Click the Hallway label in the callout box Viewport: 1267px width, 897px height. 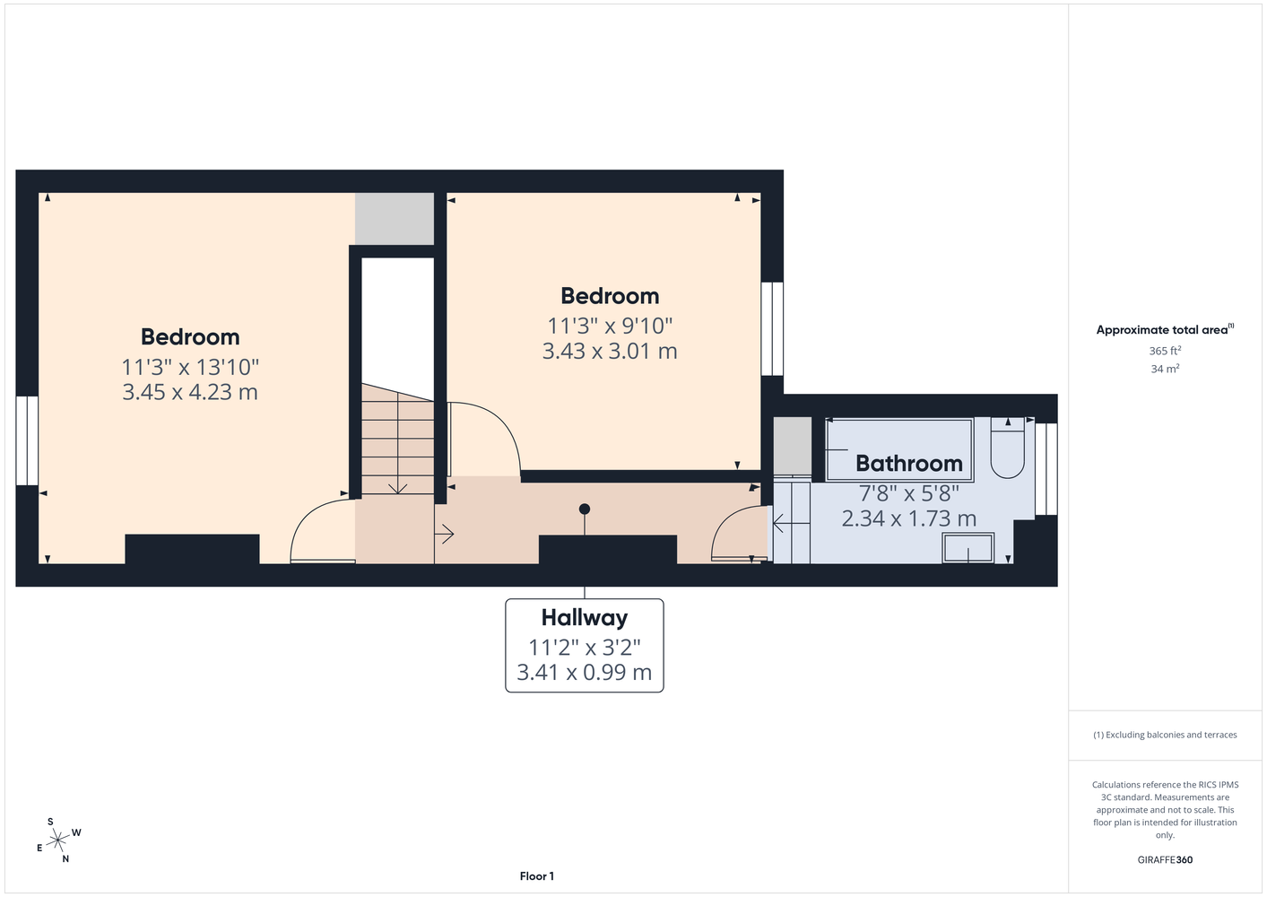coord(585,618)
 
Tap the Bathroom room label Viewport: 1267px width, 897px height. coord(909,464)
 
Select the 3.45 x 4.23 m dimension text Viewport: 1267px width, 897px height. coord(190,392)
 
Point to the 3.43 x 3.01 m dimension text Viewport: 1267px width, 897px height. coord(610,351)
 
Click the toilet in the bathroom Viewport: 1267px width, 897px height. coord(1007,448)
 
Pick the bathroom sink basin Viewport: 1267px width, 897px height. coord(968,548)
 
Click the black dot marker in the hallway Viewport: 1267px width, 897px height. coord(585,509)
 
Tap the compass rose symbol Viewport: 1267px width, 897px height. coord(58,840)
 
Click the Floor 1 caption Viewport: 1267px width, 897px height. coord(537,876)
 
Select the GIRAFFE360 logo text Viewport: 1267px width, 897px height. coord(1165,859)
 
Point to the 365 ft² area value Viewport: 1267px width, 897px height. coord(1165,351)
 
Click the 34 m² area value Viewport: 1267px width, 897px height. coord(1165,369)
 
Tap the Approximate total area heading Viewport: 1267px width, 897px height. coord(1165,329)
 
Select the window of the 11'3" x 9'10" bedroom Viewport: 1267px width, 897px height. coord(772,329)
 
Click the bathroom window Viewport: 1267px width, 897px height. coord(1046,469)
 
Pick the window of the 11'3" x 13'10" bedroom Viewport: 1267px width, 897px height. coord(27,440)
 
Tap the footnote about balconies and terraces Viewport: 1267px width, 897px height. coord(1165,735)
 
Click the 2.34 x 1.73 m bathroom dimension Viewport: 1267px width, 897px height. coord(909,518)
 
